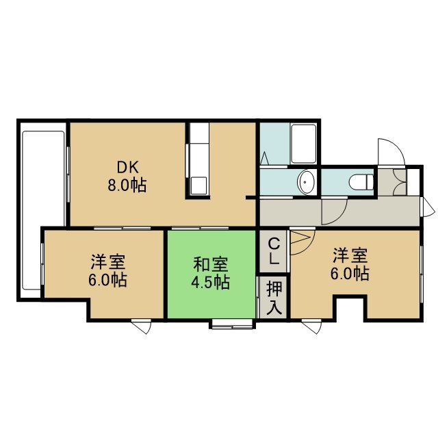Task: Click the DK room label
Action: click(x=127, y=168)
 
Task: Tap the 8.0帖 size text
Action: click(x=127, y=185)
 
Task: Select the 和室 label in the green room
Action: click(x=211, y=265)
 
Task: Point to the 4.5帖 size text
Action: click(x=211, y=282)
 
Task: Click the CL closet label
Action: click(x=274, y=251)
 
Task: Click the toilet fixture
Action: click(x=361, y=182)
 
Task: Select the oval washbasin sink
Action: click(x=307, y=182)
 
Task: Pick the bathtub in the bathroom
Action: click(x=303, y=144)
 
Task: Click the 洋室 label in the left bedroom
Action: click(x=108, y=261)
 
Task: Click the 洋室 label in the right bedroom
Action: click(x=350, y=255)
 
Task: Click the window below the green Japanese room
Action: click(x=232, y=324)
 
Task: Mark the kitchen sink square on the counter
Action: click(x=198, y=185)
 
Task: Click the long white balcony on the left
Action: click(x=43, y=210)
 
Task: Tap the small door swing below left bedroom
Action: click(x=142, y=326)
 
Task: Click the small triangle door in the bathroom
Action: click(x=264, y=158)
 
